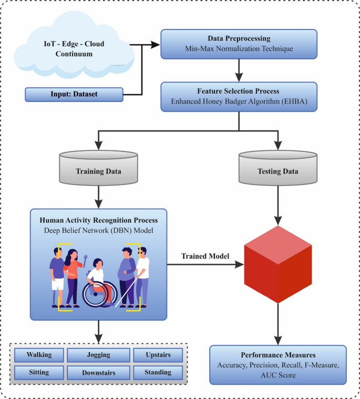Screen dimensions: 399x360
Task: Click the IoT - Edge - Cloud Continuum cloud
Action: pos(74,48)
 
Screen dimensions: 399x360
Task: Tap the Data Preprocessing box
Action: pos(239,44)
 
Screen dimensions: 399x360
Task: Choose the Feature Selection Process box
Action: pos(239,96)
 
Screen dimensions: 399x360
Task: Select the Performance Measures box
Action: pos(278,364)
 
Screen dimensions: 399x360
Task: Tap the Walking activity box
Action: pos(39,355)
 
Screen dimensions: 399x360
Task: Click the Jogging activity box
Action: pos(98,355)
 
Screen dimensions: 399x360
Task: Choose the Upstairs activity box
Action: pos(158,355)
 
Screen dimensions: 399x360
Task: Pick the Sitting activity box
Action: pos(39,372)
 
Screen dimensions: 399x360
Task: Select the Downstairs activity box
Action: pos(98,373)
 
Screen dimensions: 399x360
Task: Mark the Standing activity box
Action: pos(158,372)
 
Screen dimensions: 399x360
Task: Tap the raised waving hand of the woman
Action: pos(85,258)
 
